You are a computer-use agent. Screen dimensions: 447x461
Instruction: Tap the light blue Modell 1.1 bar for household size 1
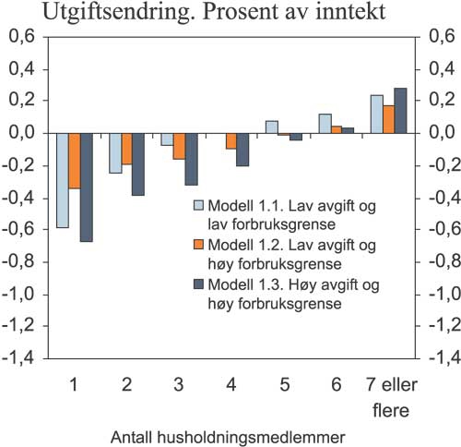(62, 180)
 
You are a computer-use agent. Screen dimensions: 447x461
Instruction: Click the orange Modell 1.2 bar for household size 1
(74, 161)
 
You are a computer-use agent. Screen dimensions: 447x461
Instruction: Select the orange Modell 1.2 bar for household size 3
(179, 147)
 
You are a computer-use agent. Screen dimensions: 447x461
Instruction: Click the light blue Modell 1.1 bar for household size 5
(272, 127)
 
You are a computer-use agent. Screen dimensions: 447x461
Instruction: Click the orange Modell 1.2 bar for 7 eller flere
(388, 119)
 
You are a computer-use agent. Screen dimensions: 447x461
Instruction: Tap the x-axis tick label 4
(231, 381)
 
